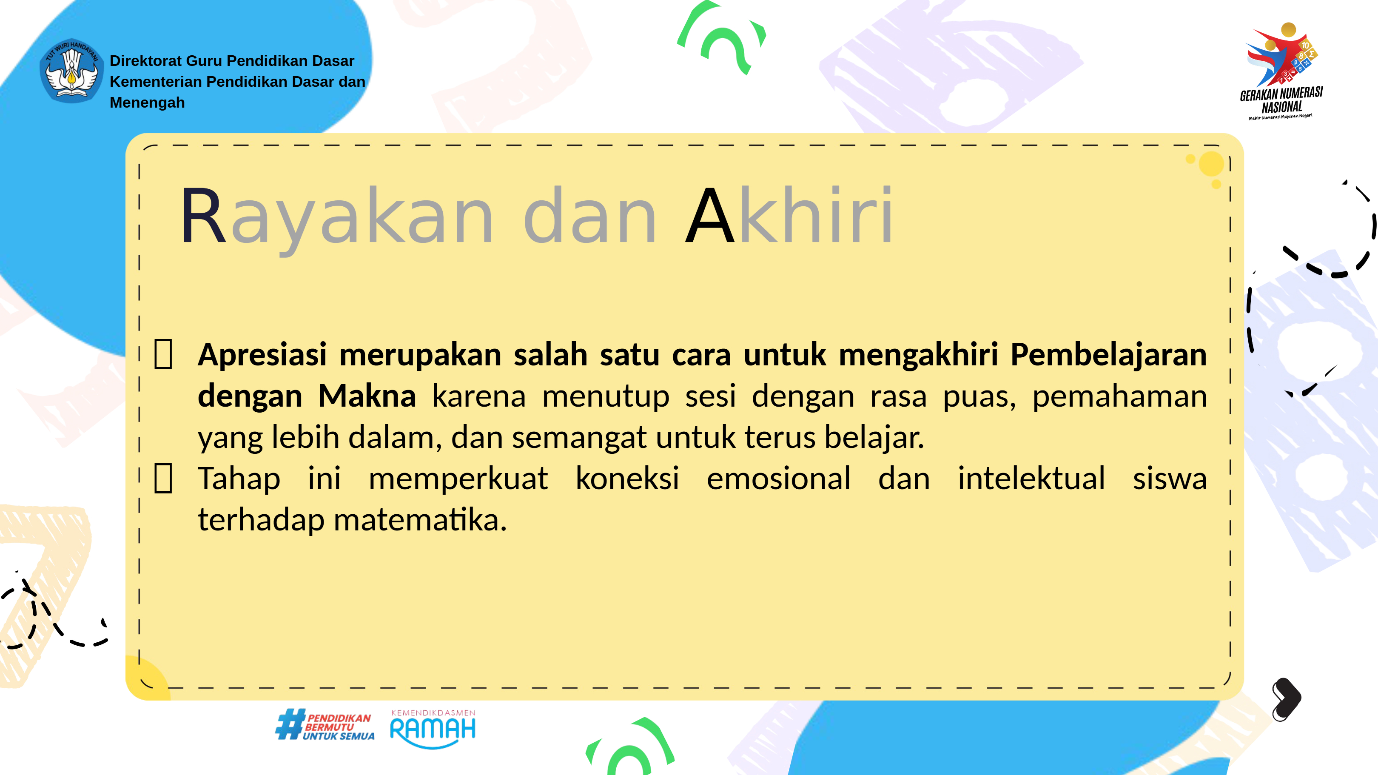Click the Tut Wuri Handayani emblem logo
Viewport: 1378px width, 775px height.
coord(72,71)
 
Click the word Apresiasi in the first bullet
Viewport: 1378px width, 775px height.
coord(262,355)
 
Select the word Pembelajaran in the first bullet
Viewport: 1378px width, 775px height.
coord(1108,355)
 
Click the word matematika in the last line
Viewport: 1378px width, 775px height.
coord(420,519)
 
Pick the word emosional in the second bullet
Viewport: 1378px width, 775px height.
coord(778,478)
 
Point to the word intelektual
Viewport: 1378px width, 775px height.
coord(1031,478)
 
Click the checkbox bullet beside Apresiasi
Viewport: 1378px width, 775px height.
coord(163,354)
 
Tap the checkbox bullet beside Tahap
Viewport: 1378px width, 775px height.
coord(163,478)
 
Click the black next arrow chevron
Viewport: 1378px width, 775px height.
coord(1287,698)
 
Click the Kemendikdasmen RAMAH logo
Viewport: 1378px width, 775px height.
coord(433,729)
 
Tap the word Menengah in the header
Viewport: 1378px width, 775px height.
coord(147,102)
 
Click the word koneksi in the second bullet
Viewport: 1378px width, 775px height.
coord(627,478)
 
